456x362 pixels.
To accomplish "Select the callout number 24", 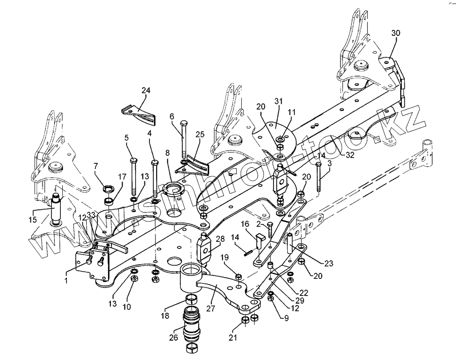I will (146, 91).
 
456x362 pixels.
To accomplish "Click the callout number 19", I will (225, 258).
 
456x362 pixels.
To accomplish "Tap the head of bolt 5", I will (133, 160).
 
